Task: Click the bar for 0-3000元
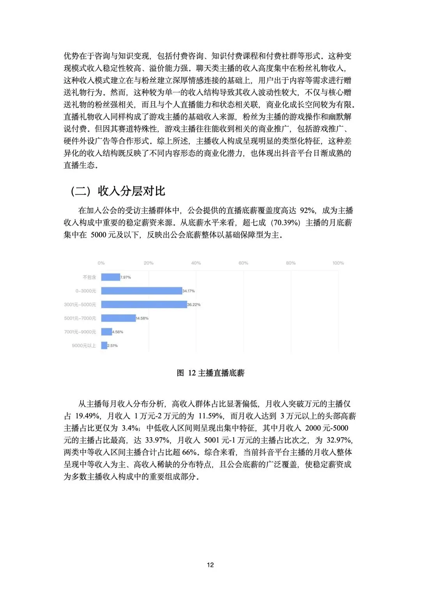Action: tap(142, 290)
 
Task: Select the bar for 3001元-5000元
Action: tap(144, 304)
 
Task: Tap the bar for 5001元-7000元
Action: tap(119, 318)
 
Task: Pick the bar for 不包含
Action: tap(111, 277)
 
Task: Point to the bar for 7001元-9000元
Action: tap(106, 331)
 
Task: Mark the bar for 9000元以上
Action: tap(104, 345)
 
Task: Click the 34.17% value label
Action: tap(188, 291)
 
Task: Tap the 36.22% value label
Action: tap(194, 305)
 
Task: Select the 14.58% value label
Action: tap(142, 318)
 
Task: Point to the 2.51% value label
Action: tap(112, 345)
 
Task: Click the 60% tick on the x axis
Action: tap(243, 263)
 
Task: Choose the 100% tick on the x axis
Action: tap(338, 263)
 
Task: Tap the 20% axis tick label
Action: tap(149, 263)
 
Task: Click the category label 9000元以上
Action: tap(84, 345)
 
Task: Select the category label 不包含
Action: tap(89, 277)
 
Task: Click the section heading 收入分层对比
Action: tap(131, 191)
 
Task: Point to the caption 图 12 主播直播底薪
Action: tap(210, 373)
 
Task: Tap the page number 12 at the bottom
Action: tap(210, 565)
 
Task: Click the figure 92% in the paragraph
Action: tap(308, 210)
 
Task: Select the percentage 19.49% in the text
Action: tap(87, 415)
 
